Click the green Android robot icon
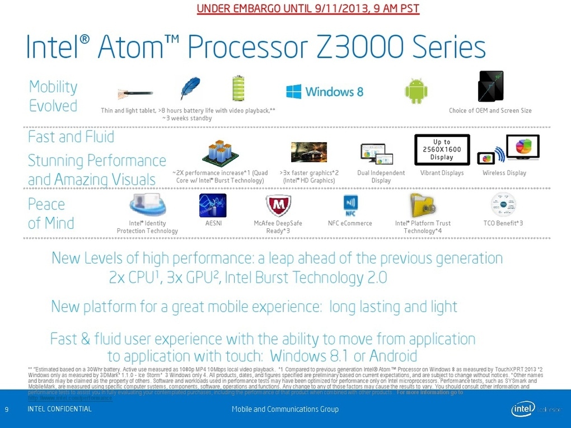click(x=416, y=91)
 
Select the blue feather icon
click(x=190, y=88)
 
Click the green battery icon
click(x=238, y=88)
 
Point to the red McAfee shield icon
click(x=277, y=206)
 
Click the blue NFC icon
click(x=350, y=205)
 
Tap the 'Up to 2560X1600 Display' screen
click(x=442, y=149)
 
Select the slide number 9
click(x=7, y=410)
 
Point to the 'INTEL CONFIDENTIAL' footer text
click(x=59, y=410)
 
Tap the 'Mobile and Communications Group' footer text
click(x=285, y=410)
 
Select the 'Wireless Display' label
click(x=504, y=173)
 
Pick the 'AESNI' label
click(x=213, y=223)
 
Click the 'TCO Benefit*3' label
click(x=503, y=223)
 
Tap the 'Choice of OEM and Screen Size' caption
click(x=490, y=111)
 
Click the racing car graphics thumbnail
click(x=308, y=152)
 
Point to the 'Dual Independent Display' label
click(x=381, y=176)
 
